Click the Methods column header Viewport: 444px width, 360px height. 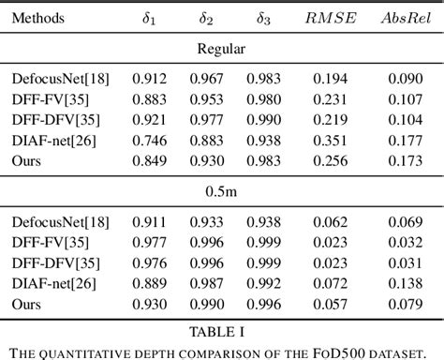click(x=40, y=18)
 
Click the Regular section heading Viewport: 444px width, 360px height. click(x=221, y=48)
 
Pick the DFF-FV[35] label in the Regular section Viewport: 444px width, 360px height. click(x=52, y=98)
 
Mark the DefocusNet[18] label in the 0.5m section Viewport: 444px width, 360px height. click(x=61, y=223)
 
